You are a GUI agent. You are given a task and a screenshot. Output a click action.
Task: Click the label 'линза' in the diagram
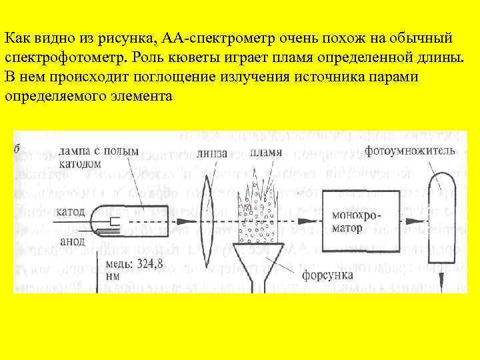(x=212, y=153)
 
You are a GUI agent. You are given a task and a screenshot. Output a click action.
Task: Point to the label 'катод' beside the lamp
(x=71, y=213)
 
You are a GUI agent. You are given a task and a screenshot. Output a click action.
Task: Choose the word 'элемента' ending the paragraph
(x=143, y=95)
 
